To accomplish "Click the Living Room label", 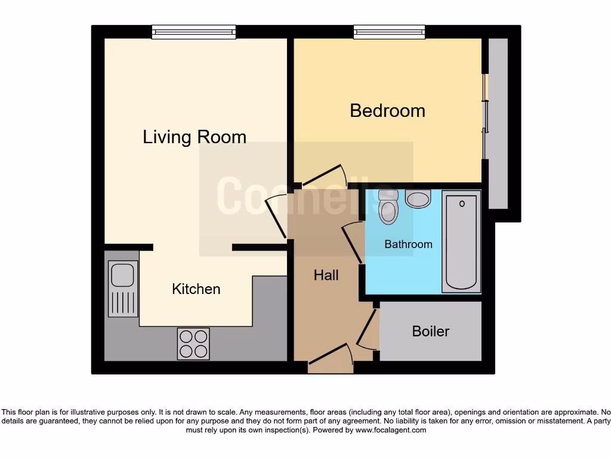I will click(195, 137).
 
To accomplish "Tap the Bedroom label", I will click(387, 110).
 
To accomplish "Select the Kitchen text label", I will click(196, 289).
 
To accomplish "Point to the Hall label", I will click(326, 275).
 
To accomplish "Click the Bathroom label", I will click(408, 244).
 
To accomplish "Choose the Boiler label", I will click(430, 331).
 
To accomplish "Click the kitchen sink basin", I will click(123, 275).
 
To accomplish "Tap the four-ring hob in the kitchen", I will click(193, 344).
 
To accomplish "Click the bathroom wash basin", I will click(418, 199).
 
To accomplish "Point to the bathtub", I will click(461, 242).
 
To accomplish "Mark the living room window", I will click(194, 32).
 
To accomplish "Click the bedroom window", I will click(389, 32).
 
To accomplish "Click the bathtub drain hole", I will click(462, 203).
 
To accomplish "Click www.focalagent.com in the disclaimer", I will click(390, 430).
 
